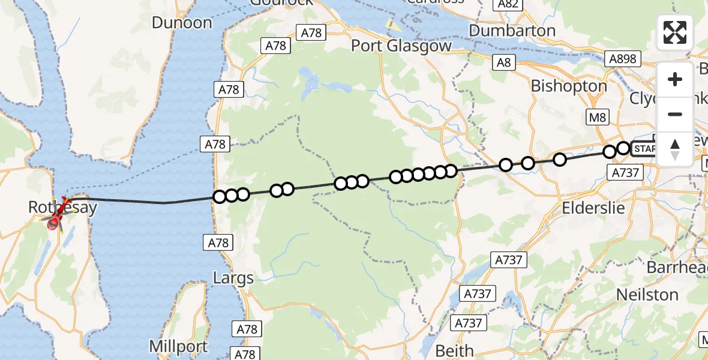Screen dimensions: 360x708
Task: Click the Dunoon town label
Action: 182,23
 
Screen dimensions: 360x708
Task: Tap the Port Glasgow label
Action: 401,46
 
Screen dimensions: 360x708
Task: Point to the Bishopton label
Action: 569,86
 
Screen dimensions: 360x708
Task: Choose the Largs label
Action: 233,278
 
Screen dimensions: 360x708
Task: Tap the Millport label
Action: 179,346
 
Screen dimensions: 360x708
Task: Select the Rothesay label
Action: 62,208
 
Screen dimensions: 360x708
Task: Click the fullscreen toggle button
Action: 675,32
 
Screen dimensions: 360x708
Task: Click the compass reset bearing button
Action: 675,149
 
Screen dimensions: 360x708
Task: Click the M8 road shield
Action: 598,118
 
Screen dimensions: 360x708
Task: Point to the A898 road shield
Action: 623,59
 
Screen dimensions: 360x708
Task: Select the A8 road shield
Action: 503,62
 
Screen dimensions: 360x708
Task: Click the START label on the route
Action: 644,148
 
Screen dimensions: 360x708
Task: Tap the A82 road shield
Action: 508,5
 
